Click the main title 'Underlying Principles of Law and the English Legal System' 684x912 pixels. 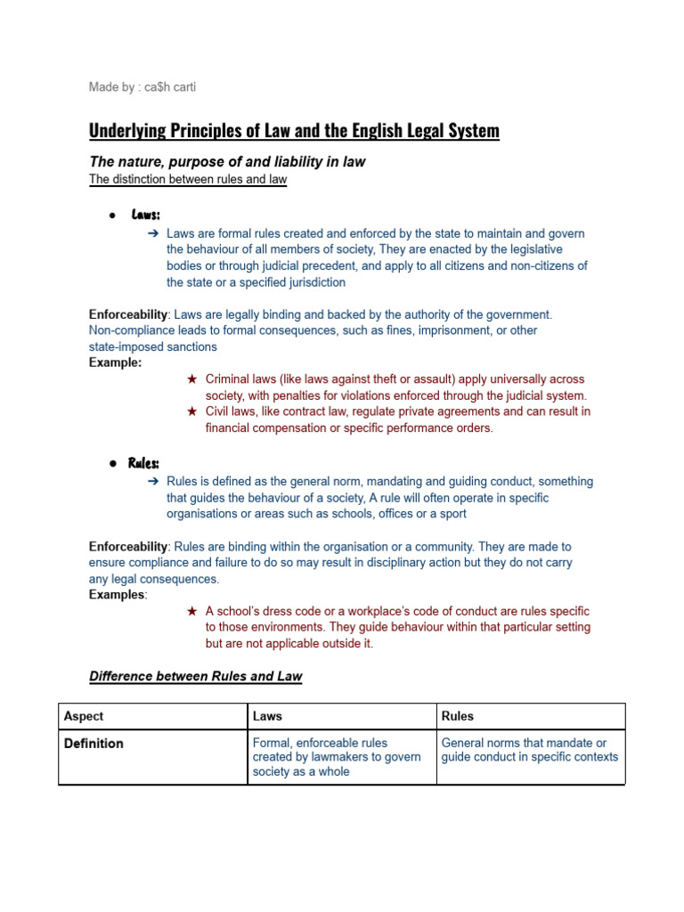(294, 131)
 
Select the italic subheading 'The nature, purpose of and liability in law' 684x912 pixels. (226, 161)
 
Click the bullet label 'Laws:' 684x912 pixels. (145, 215)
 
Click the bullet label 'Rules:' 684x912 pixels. (143, 463)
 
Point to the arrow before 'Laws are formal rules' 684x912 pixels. (153, 233)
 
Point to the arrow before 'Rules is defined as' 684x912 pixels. (153, 482)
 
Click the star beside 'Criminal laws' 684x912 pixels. (191, 379)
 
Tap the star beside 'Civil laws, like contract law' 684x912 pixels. (191, 411)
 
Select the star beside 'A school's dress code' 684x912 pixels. (191, 611)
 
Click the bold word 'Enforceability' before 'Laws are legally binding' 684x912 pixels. (128, 314)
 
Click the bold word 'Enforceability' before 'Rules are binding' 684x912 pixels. (128, 546)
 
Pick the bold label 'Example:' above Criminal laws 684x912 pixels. (115, 362)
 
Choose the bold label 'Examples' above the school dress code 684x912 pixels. (118, 594)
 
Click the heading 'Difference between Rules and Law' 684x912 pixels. (196, 676)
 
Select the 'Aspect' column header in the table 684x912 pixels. (84, 716)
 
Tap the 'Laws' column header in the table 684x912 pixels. (267, 716)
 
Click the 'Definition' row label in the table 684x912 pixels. (94, 743)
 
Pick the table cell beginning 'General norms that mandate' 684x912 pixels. (529, 750)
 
